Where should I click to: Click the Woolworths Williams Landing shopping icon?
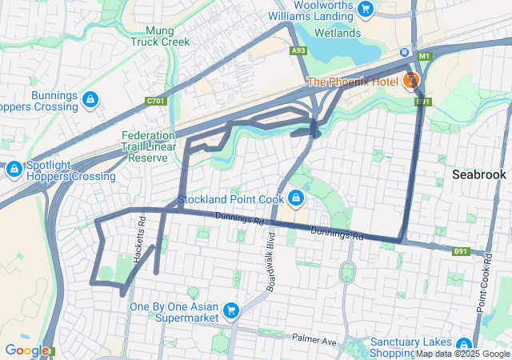click(366, 9)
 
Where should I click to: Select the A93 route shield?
click(298, 50)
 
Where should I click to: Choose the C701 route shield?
click(156, 101)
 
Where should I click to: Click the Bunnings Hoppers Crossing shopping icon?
click(90, 100)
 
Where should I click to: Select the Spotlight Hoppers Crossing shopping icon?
click(14, 169)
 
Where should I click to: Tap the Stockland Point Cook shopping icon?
click(296, 197)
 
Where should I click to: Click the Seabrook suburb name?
click(478, 174)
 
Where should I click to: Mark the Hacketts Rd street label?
click(140, 232)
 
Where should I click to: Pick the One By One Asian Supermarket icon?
click(231, 310)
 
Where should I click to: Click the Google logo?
click(27, 350)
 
